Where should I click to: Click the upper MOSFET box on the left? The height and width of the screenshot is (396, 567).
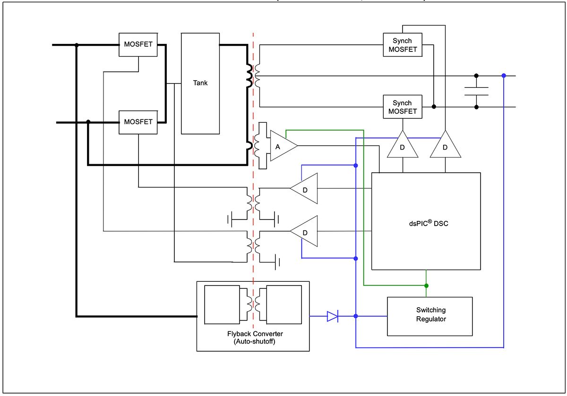tap(138, 45)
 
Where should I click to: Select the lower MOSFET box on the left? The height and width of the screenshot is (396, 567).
tap(138, 122)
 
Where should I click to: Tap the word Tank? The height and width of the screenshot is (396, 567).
tap(200, 83)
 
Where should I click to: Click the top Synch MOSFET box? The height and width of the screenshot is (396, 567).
tap(402, 45)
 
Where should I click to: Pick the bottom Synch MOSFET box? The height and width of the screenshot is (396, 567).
tap(402, 107)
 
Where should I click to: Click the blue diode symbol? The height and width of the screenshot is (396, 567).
tap(333, 316)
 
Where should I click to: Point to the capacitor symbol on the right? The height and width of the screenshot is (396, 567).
tap(476, 91)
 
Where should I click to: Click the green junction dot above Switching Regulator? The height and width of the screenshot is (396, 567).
tap(426, 286)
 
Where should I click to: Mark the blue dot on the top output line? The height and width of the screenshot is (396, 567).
tap(504, 76)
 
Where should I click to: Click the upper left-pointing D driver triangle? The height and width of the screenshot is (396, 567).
tap(305, 188)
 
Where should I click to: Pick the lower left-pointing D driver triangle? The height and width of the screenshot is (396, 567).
tap(305, 231)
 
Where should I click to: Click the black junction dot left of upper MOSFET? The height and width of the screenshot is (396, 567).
tap(77, 45)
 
